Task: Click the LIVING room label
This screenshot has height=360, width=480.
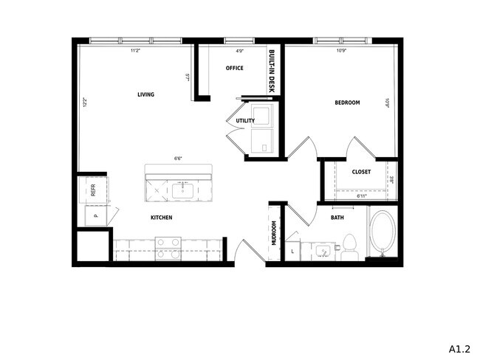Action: coord(145,94)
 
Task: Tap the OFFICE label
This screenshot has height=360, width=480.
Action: coord(235,69)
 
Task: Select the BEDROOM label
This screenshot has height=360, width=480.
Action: coord(346,103)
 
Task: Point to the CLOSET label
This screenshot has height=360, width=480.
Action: coord(361,172)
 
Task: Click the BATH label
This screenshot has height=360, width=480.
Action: coord(337,218)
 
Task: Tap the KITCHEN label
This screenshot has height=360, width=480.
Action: coord(162,218)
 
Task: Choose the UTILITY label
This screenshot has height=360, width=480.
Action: coord(245,121)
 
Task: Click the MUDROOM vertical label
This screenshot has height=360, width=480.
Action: coord(274,233)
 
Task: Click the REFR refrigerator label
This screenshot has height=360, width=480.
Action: coord(93,189)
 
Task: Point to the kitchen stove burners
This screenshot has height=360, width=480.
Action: coord(168,246)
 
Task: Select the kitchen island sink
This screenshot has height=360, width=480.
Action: coord(182,192)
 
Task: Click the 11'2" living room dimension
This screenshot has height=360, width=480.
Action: coord(135,51)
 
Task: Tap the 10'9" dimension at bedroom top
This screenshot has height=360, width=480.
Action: coord(341,51)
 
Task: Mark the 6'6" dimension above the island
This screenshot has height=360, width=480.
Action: coord(179,158)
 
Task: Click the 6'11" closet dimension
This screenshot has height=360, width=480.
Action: coord(362,196)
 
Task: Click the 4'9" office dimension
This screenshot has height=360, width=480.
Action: coord(240,51)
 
